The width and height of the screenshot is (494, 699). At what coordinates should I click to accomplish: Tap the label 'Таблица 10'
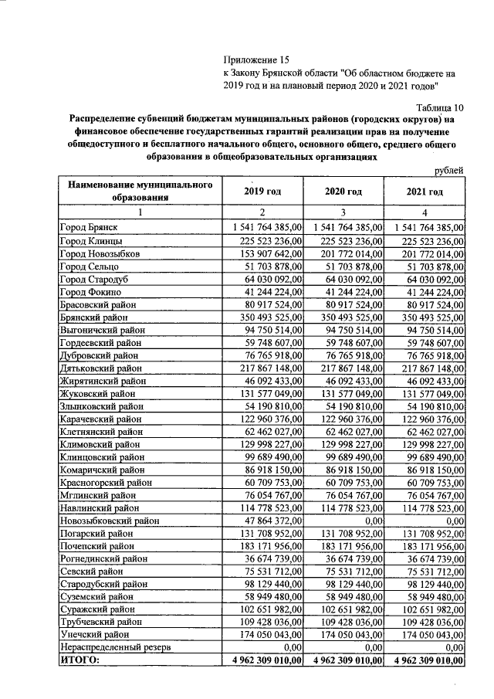click(440, 107)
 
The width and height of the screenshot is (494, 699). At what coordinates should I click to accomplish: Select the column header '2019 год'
click(262, 192)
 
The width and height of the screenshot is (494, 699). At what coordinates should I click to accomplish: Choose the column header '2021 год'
click(425, 192)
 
